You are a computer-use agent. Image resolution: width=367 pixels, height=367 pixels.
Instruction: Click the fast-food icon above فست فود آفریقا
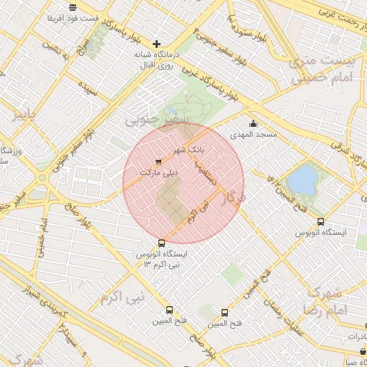pos(72,6)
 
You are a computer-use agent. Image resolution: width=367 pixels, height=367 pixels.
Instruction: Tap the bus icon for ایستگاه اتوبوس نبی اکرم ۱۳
pos(161,243)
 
